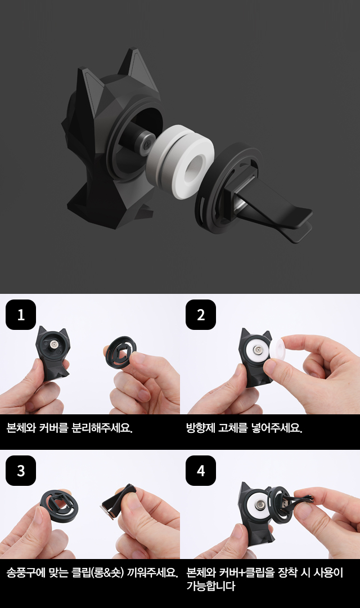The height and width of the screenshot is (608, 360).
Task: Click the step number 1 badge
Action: pyautogui.click(x=21, y=315)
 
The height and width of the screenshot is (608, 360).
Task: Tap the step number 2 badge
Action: pyautogui.click(x=201, y=315)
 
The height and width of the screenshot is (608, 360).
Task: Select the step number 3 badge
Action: pyautogui.click(x=21, y=470)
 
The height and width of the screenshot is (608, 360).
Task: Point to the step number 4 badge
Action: pyautogui.click(x=201, y=470)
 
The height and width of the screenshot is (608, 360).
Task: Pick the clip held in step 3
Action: pyautogui.click(x=118, y=502)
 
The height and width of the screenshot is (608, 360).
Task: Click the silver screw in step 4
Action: pyautogui.click(x=259, y=504)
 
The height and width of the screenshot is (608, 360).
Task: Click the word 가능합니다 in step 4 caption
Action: pyautogui.click(x=210, y=585)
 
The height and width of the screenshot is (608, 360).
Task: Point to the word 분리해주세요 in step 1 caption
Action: pyautogui.click(x=102, y=428)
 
